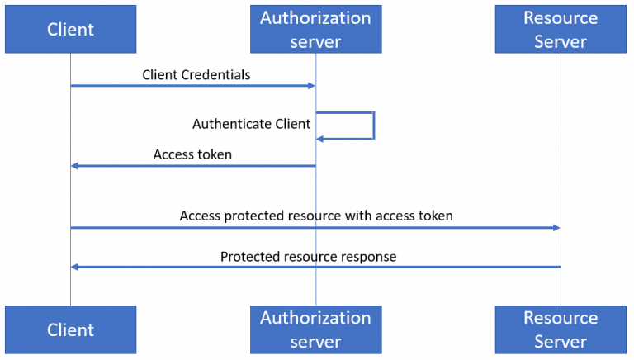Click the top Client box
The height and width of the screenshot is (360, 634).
[70, 30]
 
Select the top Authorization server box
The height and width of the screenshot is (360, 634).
[315, 30]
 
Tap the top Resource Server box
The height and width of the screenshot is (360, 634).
[561, 30]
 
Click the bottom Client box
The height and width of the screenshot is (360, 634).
[70, 329]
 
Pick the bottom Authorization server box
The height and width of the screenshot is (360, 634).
[315, 329]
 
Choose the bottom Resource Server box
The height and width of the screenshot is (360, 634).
[561, 329]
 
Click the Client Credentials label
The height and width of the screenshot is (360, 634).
[196, 75]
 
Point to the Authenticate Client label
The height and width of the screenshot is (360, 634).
[251, 124]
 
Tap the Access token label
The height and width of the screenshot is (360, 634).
[192, 154]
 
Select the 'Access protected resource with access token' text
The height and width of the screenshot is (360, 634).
[316, 216]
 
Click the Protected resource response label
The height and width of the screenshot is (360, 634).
[308, 257]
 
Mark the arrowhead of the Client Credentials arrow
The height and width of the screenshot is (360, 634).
[311, 86]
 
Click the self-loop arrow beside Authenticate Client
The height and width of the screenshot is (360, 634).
[373, 126]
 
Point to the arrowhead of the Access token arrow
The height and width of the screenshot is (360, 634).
[74, 166]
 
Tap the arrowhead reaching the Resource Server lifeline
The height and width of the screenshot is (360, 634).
[556, 227]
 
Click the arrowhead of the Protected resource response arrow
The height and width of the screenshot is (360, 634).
[74, 267]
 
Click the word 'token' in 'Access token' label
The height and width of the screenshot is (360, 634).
[215, 154]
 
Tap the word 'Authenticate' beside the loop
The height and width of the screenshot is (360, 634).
[231, 124]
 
